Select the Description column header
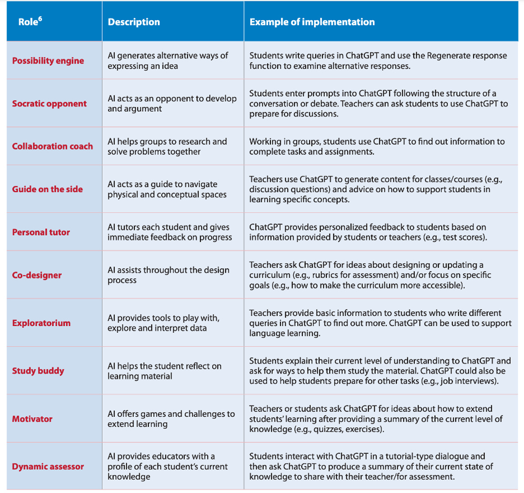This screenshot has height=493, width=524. point(134,22)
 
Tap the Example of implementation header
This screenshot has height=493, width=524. point(312,22)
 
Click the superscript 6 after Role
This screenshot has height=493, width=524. point(40,19)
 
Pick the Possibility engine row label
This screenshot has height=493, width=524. point(48,61)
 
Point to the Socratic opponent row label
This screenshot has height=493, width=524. point(49,104)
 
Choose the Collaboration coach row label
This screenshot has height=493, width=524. point(52,146)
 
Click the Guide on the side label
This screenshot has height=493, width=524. point(47,189)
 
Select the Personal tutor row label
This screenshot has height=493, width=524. point(41,232)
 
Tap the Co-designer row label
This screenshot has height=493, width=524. point(37,275)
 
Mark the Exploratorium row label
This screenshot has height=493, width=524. point(42,323)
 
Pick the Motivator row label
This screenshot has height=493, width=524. point(32,419)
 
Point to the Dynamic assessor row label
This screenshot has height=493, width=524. point(48,467)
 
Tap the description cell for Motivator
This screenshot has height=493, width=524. point(171,419)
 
